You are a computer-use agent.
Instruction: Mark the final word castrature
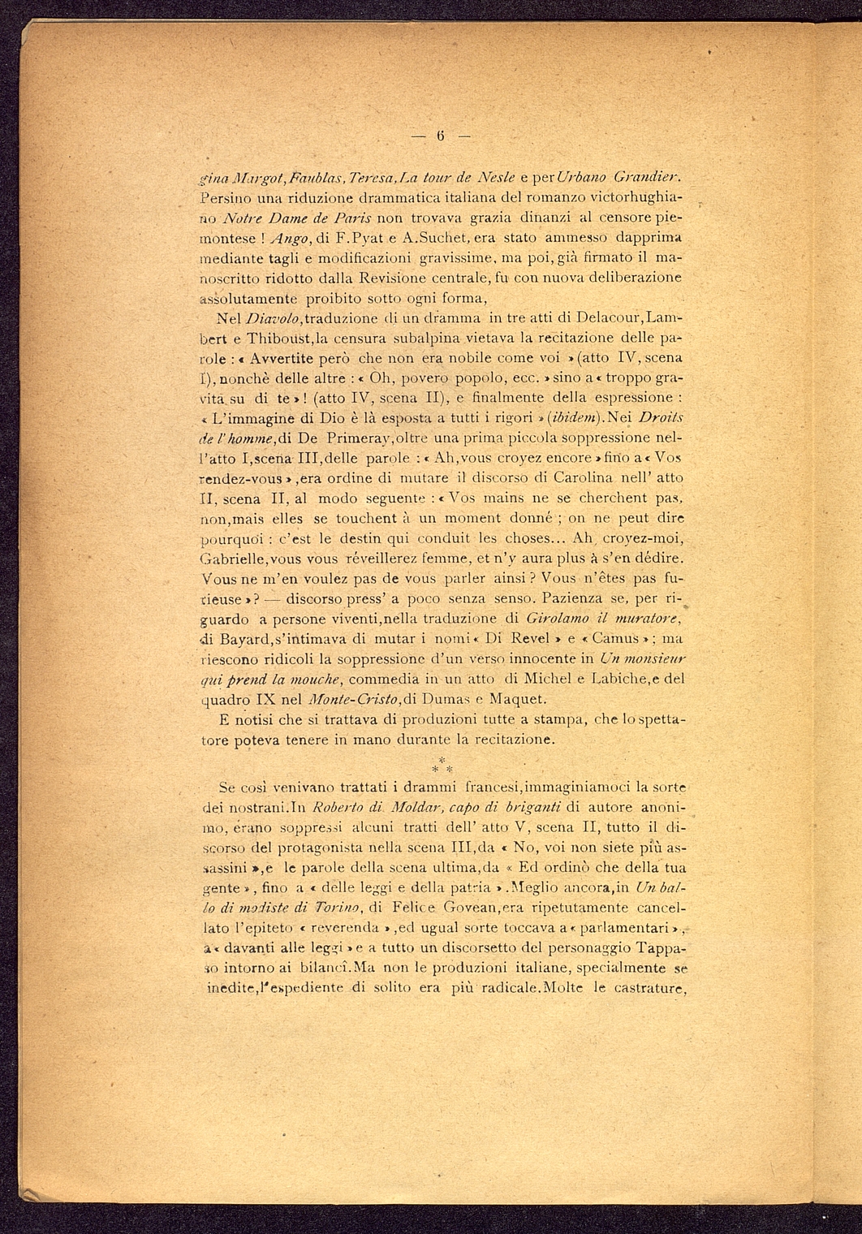click(647, 988)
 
